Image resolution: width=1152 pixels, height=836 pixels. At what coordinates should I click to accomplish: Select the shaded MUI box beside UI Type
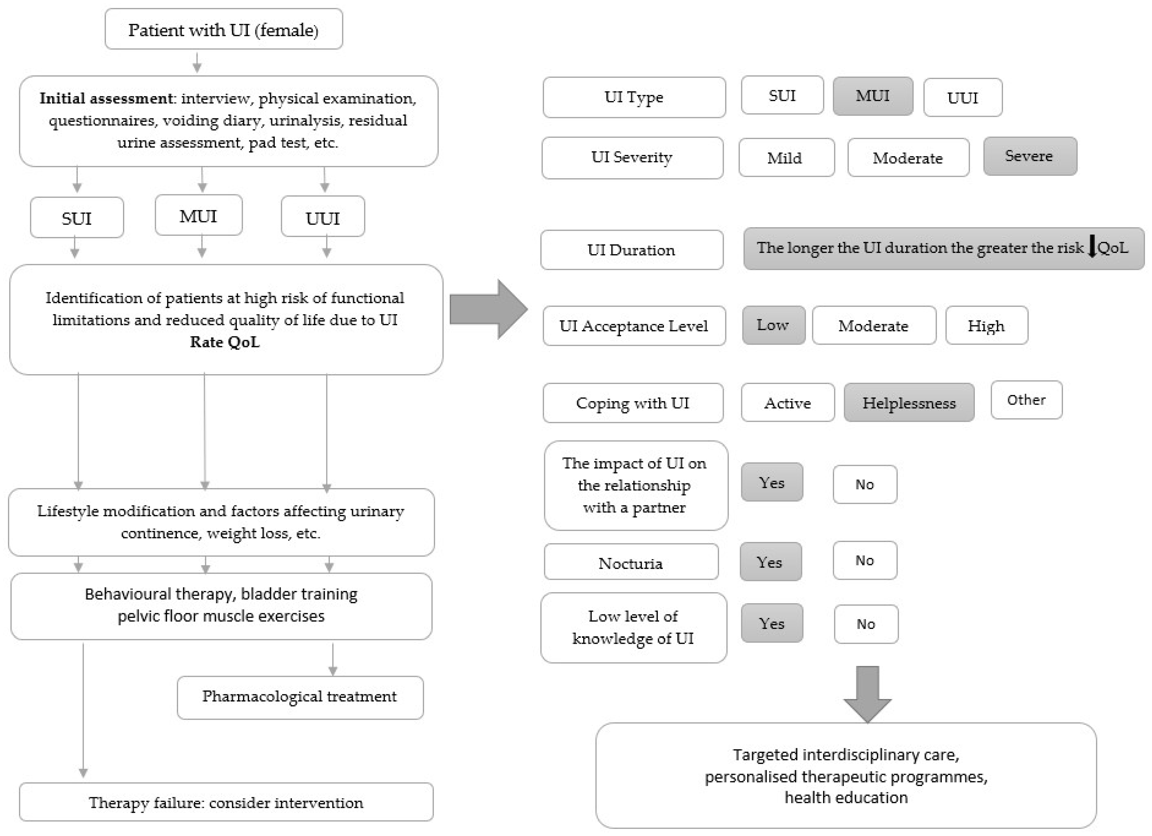pyautogui.click(x=872, y=96)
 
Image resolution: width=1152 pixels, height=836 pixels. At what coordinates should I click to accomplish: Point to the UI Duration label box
pyautogui.click(x=631, y=250)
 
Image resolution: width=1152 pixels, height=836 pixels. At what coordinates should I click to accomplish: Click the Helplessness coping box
pyautogui.click(x=909, y=403)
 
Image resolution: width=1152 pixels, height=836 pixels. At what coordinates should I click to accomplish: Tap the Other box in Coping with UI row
pyautogui.click(x=1026, y=400)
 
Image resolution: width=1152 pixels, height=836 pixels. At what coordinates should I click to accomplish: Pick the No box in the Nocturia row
pyautogui.click(x=865, y=561)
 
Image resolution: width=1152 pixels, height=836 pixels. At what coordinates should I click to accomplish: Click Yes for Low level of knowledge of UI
pyautogui.click(x=772, y=623)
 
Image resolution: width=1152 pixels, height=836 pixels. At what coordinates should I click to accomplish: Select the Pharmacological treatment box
pyautogui.click(x=300, y=697)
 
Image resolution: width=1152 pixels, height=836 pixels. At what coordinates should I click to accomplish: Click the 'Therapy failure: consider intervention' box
pyautogui.click(x=226, y=803)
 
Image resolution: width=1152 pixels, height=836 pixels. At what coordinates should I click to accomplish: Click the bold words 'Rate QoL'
pyautogui.click(x=224, y=342)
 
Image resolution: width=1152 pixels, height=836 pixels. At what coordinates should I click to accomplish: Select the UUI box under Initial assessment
pyautogui.click(x=323, y=217)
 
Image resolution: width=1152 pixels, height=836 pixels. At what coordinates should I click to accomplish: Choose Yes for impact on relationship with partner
pyautogui.click(x=772, y=482)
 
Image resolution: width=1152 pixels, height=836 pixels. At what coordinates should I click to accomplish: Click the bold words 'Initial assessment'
pyautogui.click(x=106, y=98)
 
